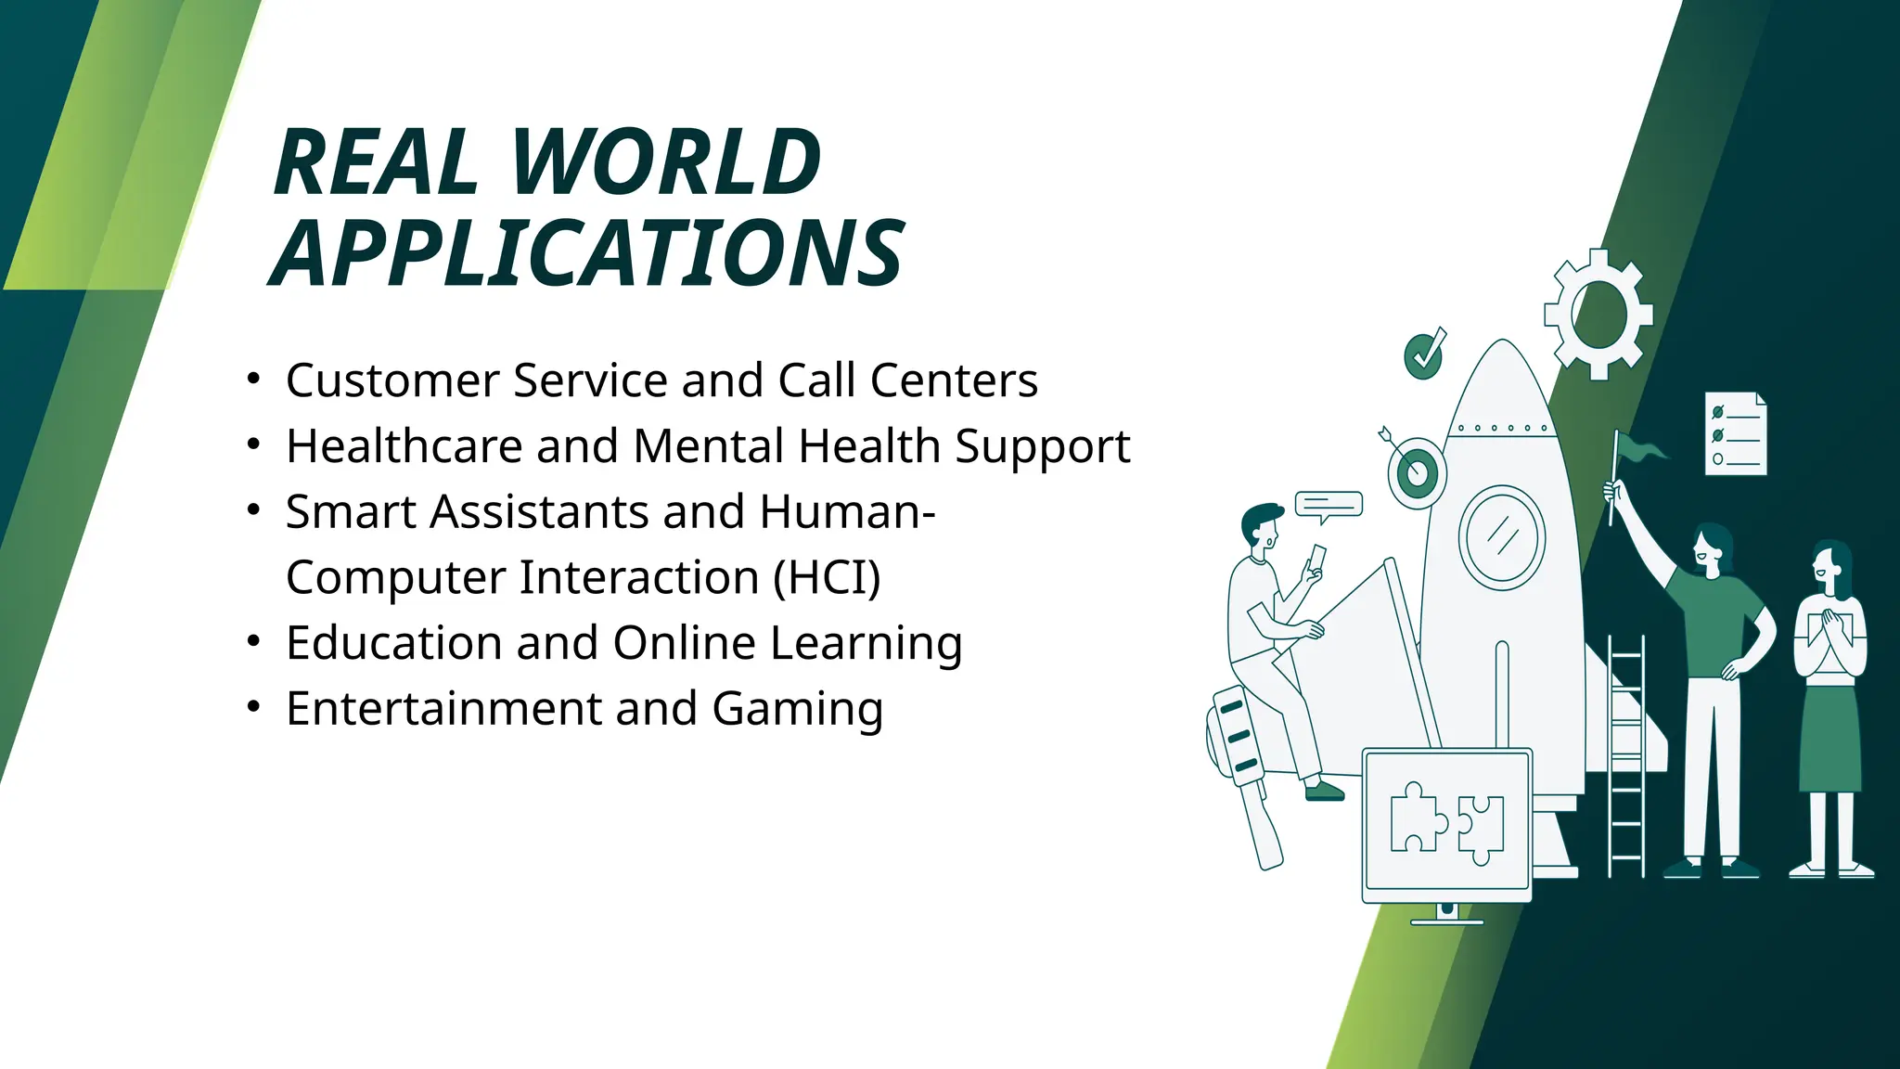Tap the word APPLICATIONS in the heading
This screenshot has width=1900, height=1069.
(x=586, y=253)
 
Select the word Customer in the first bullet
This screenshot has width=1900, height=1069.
(x=392, y=380)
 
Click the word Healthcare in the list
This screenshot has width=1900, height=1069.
(x=404, y=446)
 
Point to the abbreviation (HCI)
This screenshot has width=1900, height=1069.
(x=827, y=577)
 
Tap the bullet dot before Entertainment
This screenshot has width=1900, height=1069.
(x=254, y=707)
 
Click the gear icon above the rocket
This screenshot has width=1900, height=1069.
(x=1598, y=315)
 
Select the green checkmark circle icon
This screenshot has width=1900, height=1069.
(x=1423, y=354)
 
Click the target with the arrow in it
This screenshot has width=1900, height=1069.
(x=1417, y=472)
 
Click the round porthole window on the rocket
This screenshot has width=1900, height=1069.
(x=1501, y=537)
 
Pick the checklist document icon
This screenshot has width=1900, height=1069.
(x=1735, y=434)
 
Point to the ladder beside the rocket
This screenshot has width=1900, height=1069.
(x=1625, y=756)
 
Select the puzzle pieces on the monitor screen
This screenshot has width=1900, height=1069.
(x=1447, y=820)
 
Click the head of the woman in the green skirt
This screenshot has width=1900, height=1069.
(x=1830, y=564)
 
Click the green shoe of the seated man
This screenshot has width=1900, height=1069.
(x=1324, y=791)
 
